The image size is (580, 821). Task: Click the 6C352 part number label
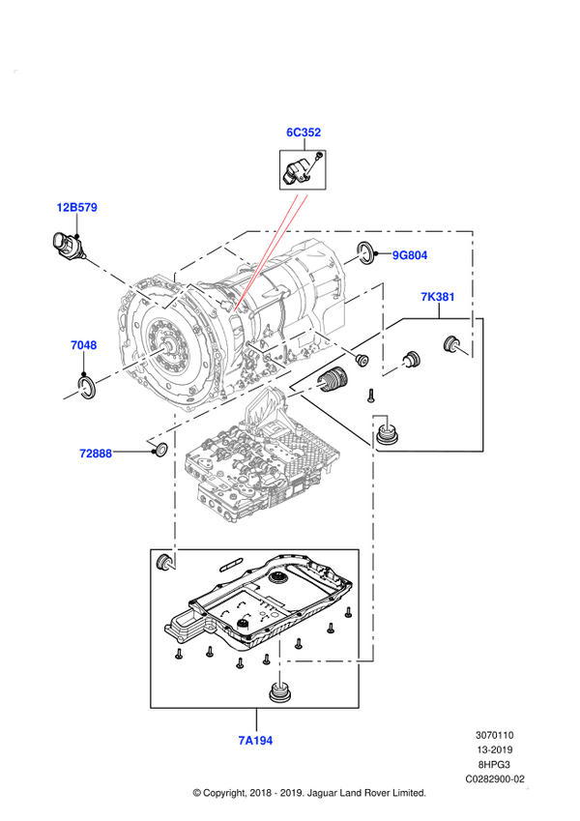(x=303, y=132)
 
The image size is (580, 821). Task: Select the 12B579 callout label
(x=76, y=208)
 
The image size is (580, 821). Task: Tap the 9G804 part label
(x=410, y=255)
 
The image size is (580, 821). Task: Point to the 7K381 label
(x=437, y=297)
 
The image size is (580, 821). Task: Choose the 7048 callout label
(x=83, y=345)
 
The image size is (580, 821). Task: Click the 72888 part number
(x=97, y=453)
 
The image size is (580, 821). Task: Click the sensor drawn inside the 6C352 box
(x=301, y=170)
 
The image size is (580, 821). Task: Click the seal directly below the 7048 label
(x=85, y=387)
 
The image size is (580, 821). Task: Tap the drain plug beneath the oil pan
(x=277, y=694)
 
